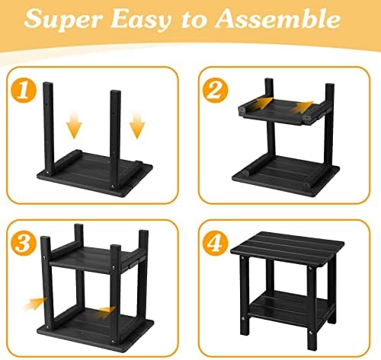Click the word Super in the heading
(63, 20)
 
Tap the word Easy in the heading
(140, 21)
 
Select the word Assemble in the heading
(278, 19)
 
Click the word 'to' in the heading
(194, 21)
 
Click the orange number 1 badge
(24, 91)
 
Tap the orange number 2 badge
(216, 91)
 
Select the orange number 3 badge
(24, 243)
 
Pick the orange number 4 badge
(216, 243)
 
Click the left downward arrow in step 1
(74, 125)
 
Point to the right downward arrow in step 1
(137, 126)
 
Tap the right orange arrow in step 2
(303, 107)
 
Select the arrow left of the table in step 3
(34, 303)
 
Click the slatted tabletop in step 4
(287, 248)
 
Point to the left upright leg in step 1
(49, 129)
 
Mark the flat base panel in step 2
(286, 176)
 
